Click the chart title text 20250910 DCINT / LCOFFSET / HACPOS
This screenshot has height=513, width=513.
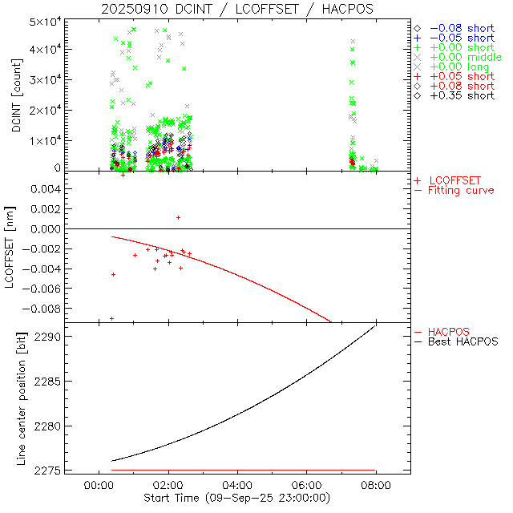tap(237, 9)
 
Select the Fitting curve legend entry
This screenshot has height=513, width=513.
tap(461, 190)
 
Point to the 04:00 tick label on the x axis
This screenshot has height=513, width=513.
tap(237, 486)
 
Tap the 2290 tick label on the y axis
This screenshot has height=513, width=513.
tap(49, 337)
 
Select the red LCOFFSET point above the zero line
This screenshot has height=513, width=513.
tap(178, 217)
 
